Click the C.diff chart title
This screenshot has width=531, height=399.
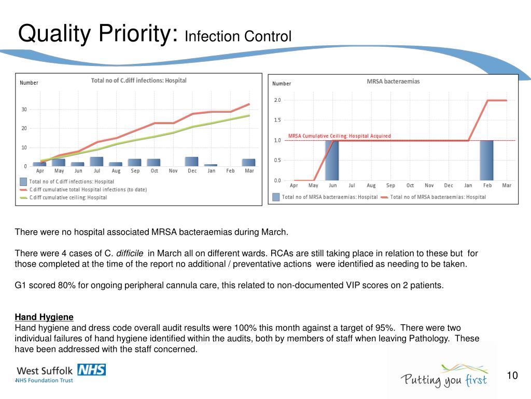[x=138, y=81]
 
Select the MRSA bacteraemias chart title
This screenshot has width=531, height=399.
[x=393, y=82]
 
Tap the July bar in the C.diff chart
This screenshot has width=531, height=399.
[x=96, y=162]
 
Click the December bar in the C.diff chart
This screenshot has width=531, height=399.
[x=191, y=162]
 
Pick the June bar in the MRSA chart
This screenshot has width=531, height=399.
[x=332, y=161]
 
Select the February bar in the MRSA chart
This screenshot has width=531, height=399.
[x=486, y=161]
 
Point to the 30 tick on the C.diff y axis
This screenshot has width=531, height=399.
[x=24, y=110]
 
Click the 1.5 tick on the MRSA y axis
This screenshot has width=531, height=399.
[x=277, y=120]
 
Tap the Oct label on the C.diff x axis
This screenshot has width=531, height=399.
[x=154, y=171]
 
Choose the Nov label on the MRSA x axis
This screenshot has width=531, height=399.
[x=429, y=185]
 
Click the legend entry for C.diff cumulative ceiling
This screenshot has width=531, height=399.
[x=68, y=197]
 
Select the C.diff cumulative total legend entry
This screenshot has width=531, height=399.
[x=88, y=190]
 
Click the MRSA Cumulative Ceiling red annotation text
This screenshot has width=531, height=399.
[x=339, y=136]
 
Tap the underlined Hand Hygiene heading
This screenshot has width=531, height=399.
[x=44, y=317]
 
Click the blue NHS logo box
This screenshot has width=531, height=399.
[x=91, y=369]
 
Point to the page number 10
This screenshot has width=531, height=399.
[x=512, y=376]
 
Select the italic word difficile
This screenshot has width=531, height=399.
[x=130, y=254]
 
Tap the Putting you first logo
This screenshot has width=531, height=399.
[x=443, y=376]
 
